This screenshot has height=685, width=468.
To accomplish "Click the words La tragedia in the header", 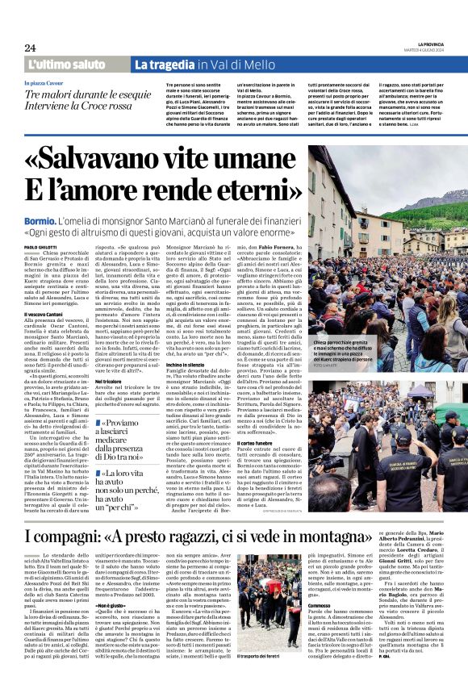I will pos(167,65).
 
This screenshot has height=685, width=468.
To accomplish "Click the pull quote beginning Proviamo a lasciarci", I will pos(132,440).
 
